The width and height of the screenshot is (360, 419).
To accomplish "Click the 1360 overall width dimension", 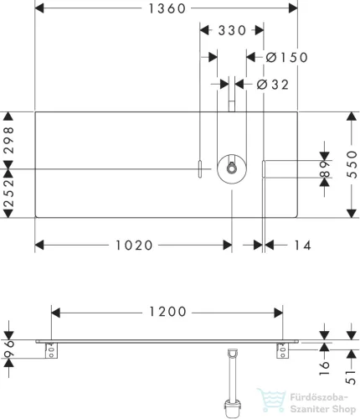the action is pyautogui.click(x=167, y=8).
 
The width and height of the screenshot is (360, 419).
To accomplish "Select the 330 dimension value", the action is pyautogui.click(x=232, y=30).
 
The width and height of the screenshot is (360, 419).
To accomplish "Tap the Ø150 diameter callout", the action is pyautogui.click(x=286, y=57).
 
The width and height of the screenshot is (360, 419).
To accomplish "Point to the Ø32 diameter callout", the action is pyautogui.click(x=272, y=85).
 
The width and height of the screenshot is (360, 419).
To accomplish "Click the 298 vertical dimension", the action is pyautogui.click(x=9, y=140).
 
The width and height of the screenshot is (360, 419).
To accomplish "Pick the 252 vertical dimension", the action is pyautogui.click(x=9, y=193).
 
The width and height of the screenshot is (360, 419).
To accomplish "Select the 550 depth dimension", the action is pyautogui.click(x=352, y=164).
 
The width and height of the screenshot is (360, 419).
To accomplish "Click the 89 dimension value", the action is pyautogui.click(x=325, y=169).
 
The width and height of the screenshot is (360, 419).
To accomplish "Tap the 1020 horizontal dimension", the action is pyautogui.click(x=134, y=246).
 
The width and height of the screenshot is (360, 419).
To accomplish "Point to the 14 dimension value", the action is pyautogui.click(x=303, y=246).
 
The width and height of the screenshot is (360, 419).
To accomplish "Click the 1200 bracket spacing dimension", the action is pyautogui.click(x=167, y=312).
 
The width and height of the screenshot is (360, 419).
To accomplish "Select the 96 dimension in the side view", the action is pyautogui.click(x=9, y=349).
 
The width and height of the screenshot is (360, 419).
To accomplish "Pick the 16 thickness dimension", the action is pyautogui.click(x=325, y=368).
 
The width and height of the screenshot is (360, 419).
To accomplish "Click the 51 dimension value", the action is pyautogui.click(x=352, y=377).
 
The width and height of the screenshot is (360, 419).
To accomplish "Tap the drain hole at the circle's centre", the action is pyautogui.click(x=231, y=168).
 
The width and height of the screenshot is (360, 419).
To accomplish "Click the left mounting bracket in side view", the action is pyautogui.click(x=51, y=350).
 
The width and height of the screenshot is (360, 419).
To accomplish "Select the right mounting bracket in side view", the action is pyautogui.click(x=282, y=350).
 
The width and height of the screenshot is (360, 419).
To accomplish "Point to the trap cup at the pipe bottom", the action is pyautogui.click(x=233, y=409).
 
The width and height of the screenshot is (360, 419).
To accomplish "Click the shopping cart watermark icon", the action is pyautogui.click(x=271, y=400).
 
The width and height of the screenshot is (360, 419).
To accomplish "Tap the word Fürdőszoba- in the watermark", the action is pyautogui.click(x=319, y=397).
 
